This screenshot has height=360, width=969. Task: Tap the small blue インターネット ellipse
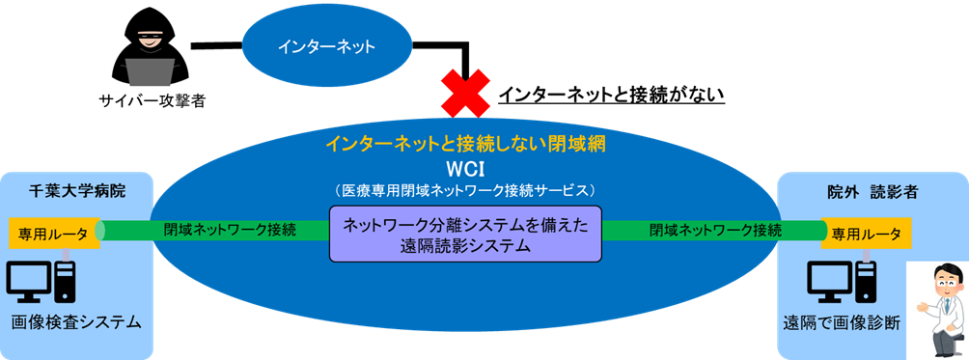pos(326,45)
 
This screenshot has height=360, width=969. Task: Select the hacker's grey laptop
pos(149,73)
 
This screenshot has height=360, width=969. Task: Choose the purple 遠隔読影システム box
pos(465,234)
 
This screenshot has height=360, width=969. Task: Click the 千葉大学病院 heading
pos(77,191)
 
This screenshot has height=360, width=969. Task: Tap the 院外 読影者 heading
pos(872,191)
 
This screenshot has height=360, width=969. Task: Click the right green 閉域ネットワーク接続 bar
pos(714,231)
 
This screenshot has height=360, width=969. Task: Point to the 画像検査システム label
pos(76,321)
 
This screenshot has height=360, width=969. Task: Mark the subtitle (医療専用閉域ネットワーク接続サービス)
pos(466,188)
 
